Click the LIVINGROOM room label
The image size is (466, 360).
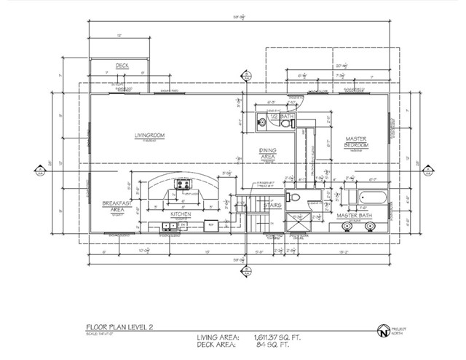point(147,136)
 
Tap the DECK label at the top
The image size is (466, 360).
point(122,66)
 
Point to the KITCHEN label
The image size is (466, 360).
point(181,215)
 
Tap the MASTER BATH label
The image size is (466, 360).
point(355,216)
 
